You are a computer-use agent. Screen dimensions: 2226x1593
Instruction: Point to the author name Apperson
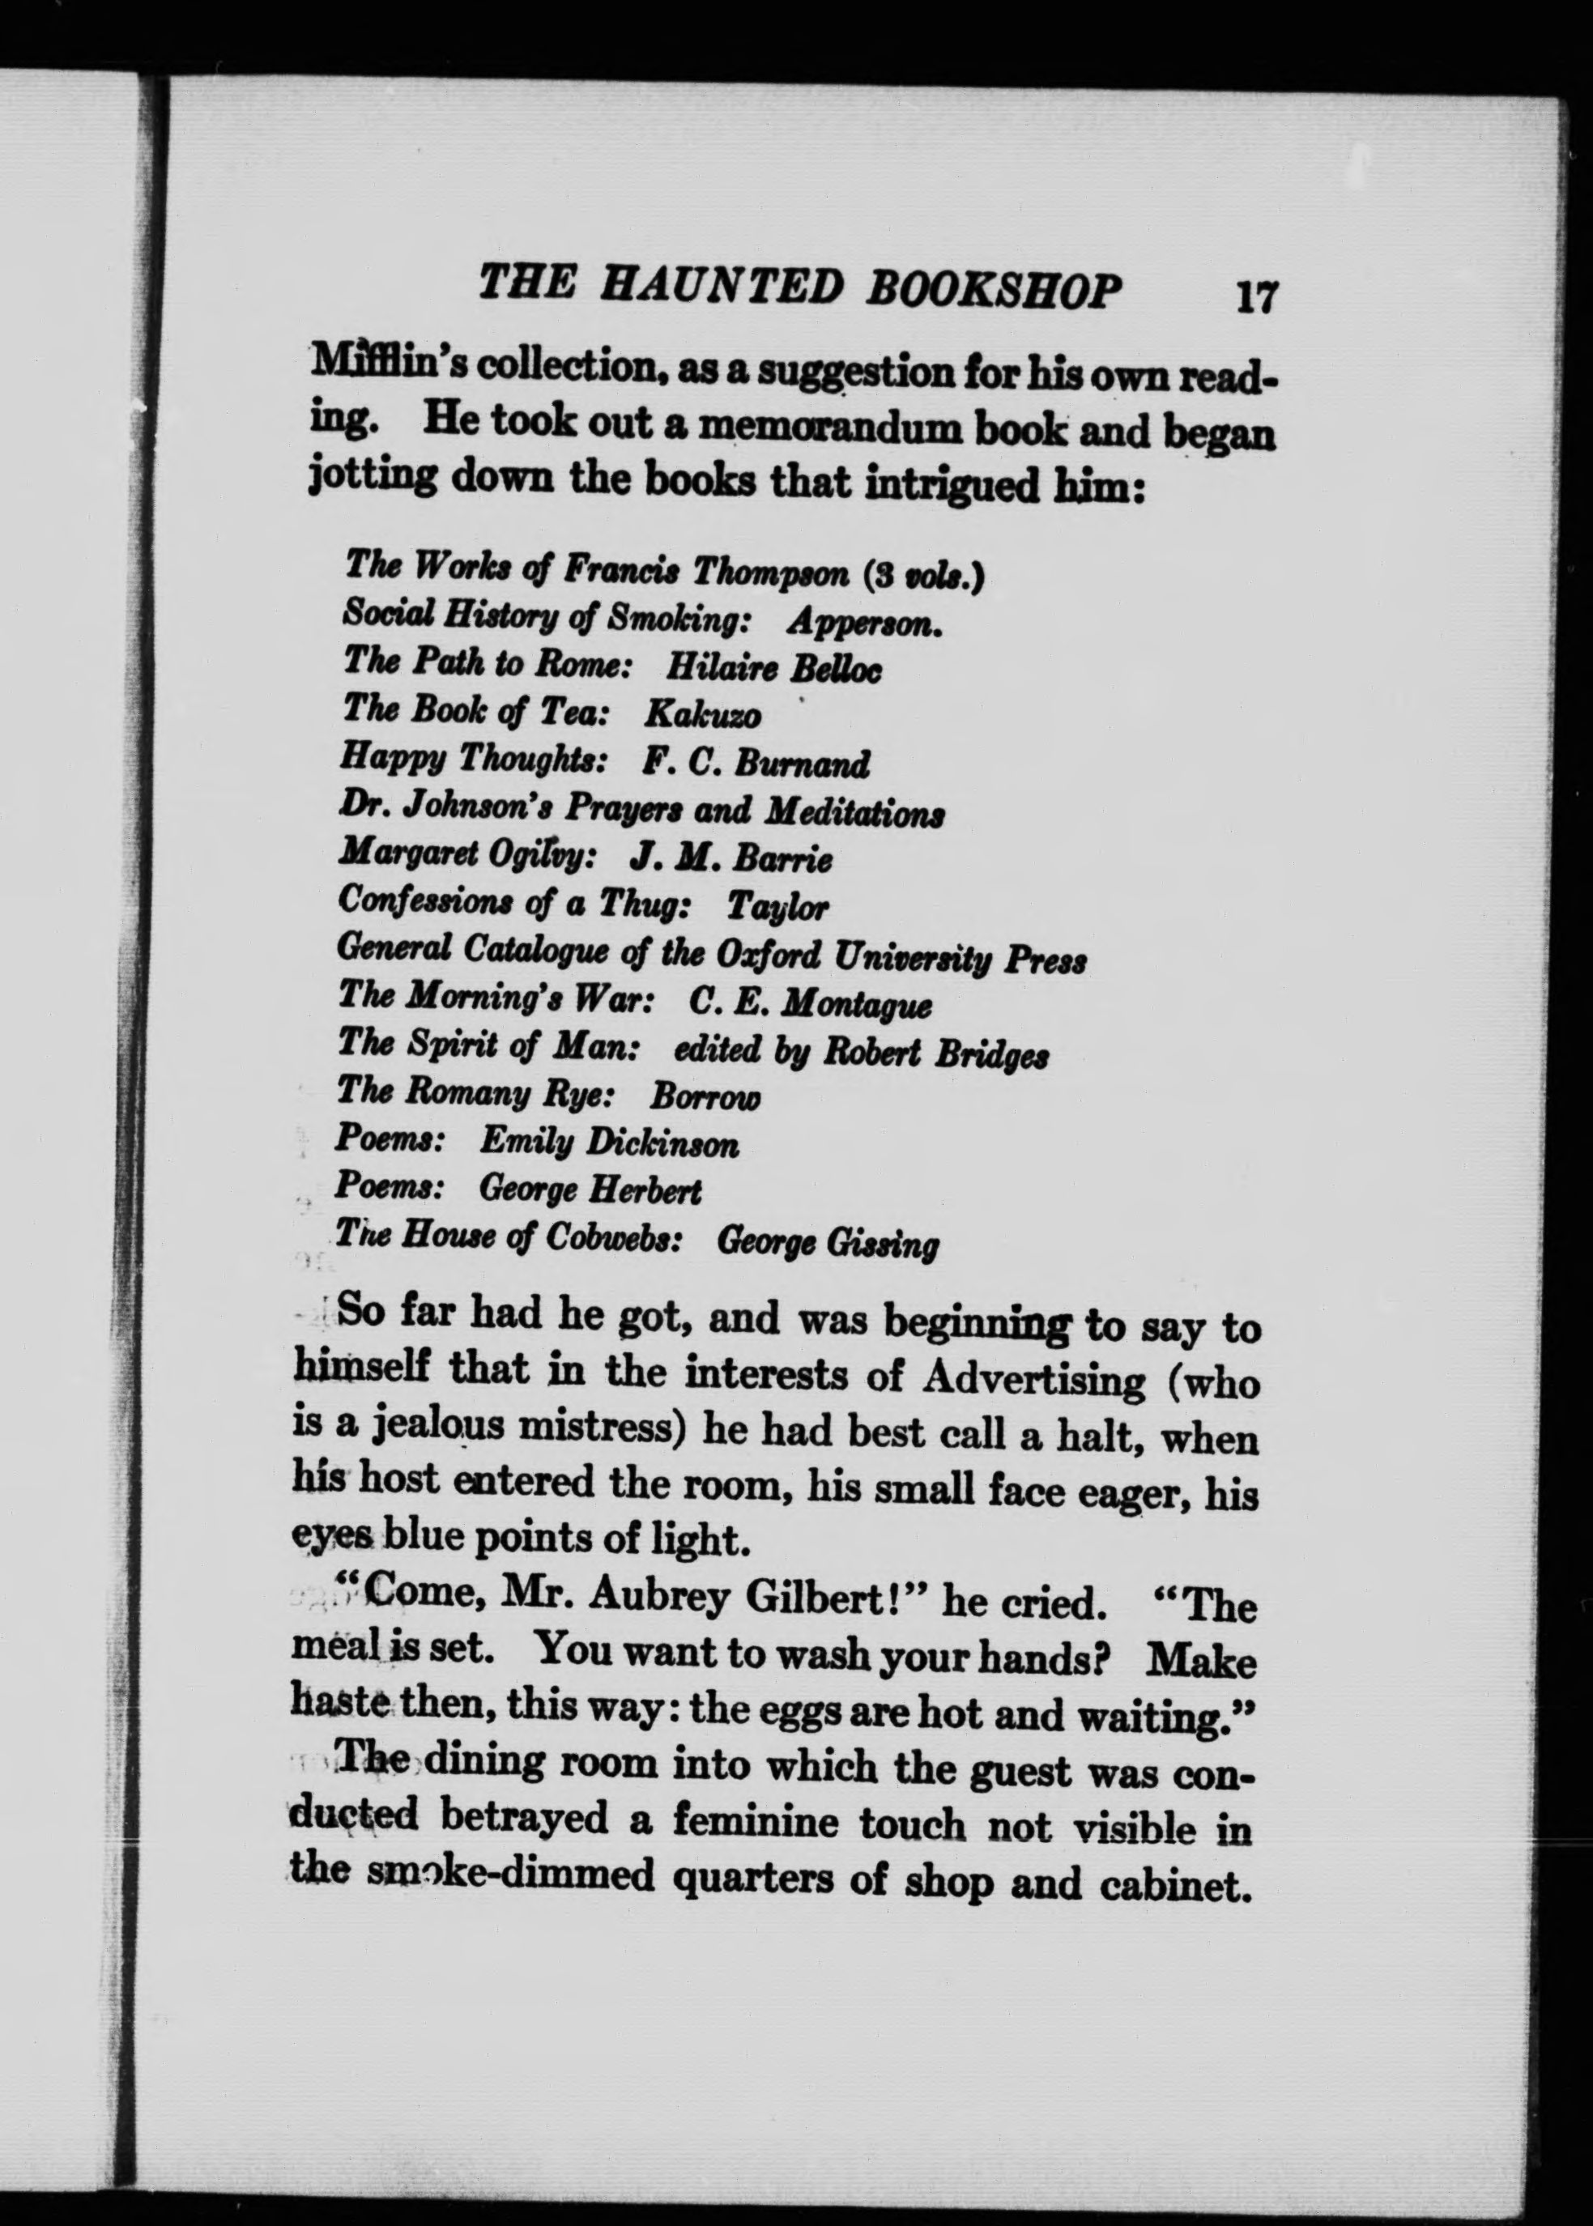[x=864, y=622]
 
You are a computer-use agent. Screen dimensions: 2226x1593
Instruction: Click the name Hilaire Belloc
[x=773, y=669]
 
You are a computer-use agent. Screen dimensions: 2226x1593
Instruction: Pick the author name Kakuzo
[x=701, y=715]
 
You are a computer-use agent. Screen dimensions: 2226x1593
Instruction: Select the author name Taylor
[x=777, y=906]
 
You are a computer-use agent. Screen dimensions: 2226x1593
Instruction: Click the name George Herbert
[x=590, y=1190]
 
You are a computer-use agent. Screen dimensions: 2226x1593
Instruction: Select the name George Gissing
[x=828, y=1244]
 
